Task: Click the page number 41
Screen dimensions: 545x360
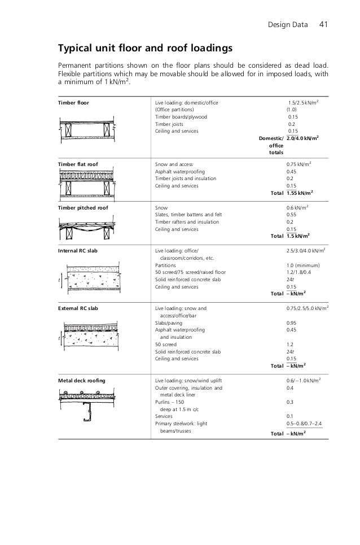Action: tap(324, 24)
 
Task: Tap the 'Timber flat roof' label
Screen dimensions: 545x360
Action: tap(78, 164)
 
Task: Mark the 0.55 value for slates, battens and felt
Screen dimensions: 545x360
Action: tap(292, 215)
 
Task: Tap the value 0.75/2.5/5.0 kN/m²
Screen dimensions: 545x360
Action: tap(308, 309)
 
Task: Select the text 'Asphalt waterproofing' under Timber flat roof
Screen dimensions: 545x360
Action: tap(180, 171)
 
